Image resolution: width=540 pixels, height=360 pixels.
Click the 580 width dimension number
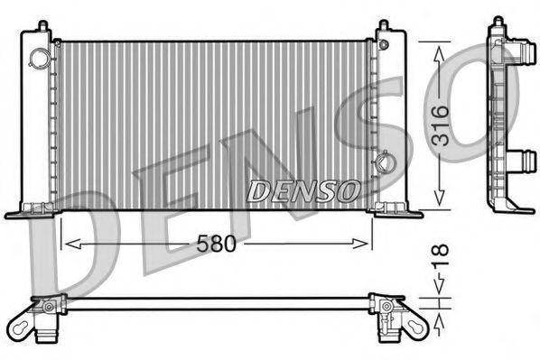pyautogui.click(x=217, y=243)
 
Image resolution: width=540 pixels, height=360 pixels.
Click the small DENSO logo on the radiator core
pyautogui.click(x=304, y=191)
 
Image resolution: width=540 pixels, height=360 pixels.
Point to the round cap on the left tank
pyautogui.click(x=40, y=57)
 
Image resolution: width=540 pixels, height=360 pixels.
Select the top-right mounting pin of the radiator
pyautogui.click(x=384, y=26)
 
